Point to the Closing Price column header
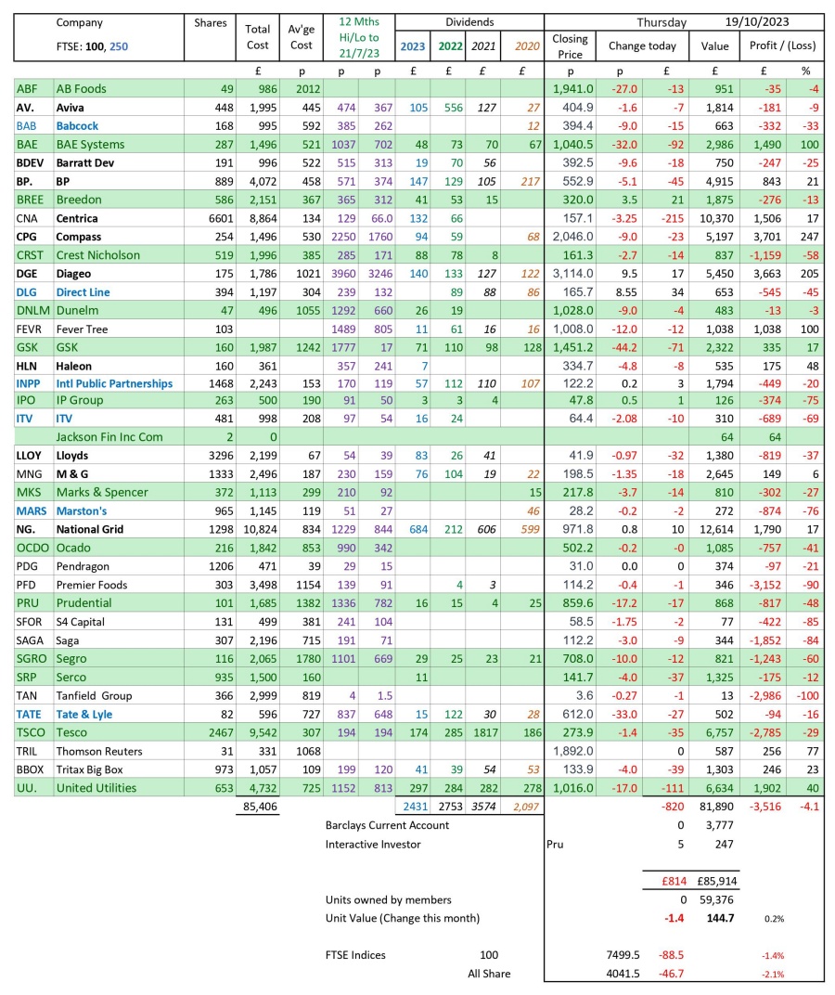tap(570, 45)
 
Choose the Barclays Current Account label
tap(387, 825)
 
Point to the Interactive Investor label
tap(372, 844)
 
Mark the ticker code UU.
tap(25, 787)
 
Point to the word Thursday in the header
tap(662, 22)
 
